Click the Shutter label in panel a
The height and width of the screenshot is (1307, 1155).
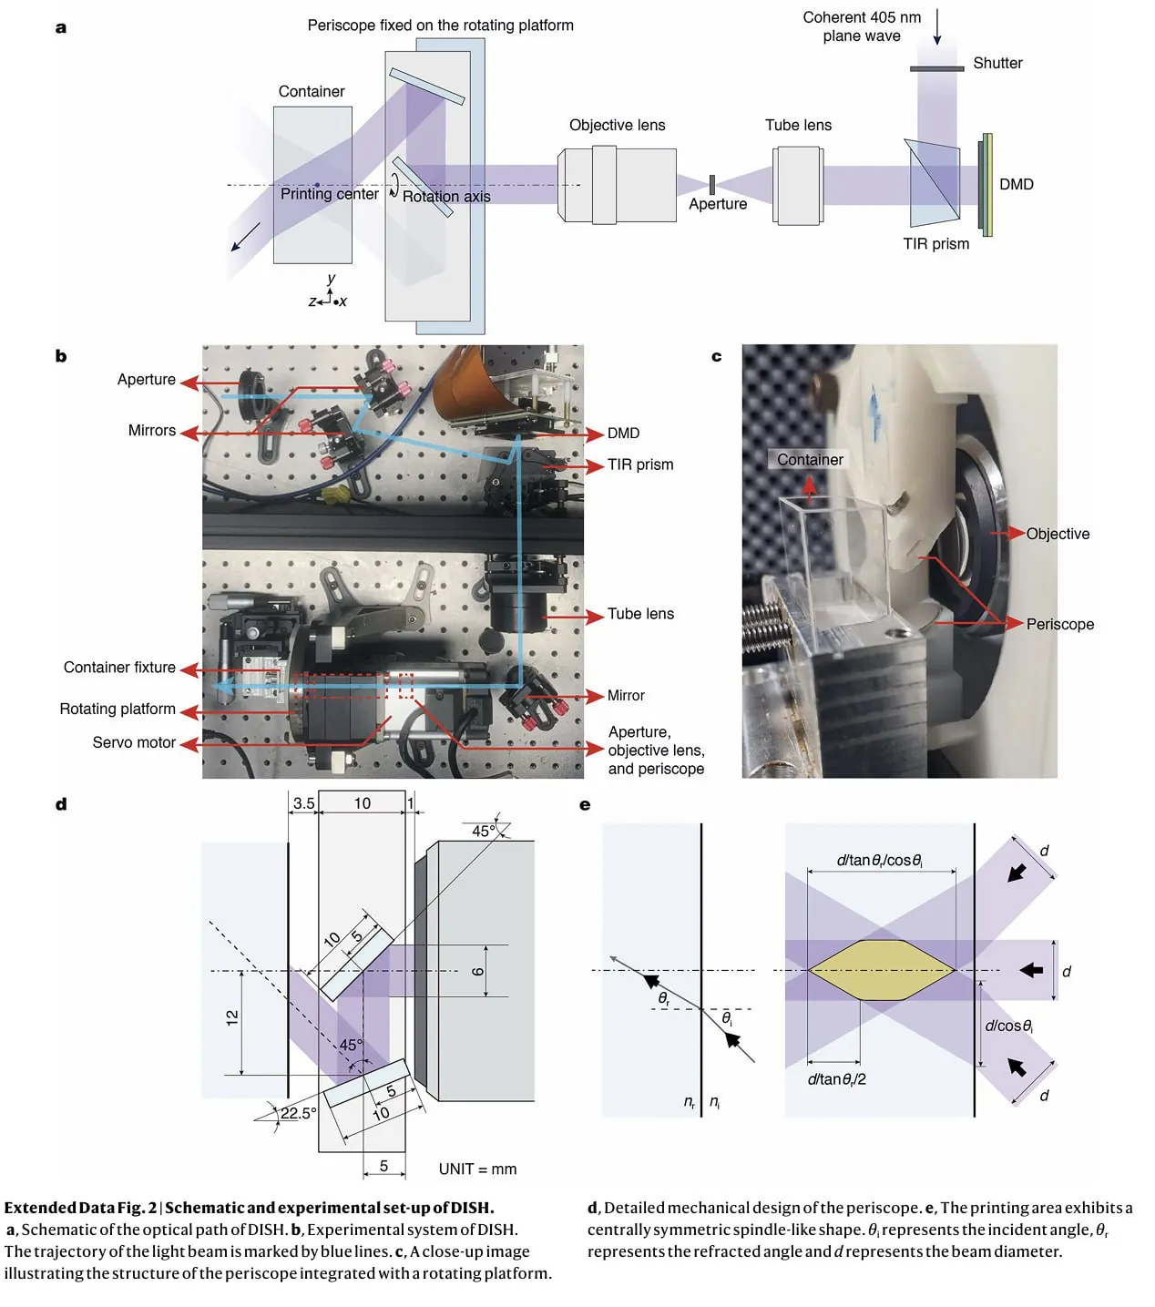tap(997, 63)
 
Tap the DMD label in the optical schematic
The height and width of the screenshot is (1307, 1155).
tap(1016, 184)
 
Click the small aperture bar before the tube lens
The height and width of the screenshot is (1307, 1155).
tap(712, 184)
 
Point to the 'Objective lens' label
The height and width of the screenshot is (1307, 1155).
tap(617, 125)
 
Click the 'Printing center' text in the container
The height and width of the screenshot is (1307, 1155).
tap(329, 194)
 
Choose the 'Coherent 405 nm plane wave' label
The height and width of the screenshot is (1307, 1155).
tap(861, 26)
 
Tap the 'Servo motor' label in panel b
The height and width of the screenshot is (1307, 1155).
tap(134, 742)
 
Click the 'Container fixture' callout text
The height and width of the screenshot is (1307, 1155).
tap(119, 668)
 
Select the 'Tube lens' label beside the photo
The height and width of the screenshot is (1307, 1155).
tap(640, 614)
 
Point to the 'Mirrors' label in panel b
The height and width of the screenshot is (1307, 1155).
tap(151, 431)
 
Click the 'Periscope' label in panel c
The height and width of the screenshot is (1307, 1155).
tap(1059, 624)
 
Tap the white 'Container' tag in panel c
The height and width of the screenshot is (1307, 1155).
tap(810, 460)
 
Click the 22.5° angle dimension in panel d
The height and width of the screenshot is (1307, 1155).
tap(298, 1113)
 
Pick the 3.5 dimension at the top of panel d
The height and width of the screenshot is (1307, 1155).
tap(303, 803)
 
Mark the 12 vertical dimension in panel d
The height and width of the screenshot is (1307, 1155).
tap(232, 1018)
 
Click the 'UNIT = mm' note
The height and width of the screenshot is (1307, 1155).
tap(477, 1169)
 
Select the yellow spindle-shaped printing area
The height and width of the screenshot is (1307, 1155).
tap(881, 970)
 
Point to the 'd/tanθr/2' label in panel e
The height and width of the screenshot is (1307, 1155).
tap(836, 1079)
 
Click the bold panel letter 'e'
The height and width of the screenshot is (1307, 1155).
tap(585, 805)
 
